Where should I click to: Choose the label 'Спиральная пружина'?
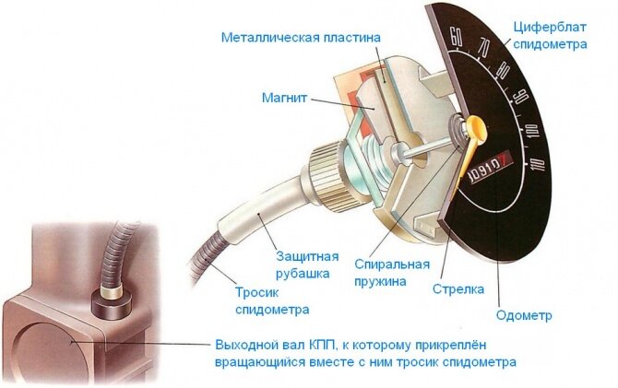[387, 272]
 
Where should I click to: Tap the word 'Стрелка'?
[458, 288]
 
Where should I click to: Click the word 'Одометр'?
[524, 315]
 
